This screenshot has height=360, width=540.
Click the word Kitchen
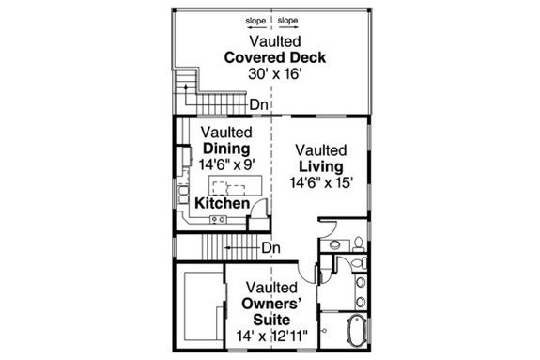[222, 204]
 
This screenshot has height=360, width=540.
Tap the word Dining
[225, 149]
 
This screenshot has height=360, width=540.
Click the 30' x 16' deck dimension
[274, 74]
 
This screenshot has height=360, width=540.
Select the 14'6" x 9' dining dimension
[225, 164]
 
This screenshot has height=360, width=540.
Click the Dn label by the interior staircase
[271, 248]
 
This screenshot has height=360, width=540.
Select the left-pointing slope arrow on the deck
[255, 28]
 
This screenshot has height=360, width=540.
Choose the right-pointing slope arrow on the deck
[287, 28]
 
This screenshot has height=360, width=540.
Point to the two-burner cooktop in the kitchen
[219, 220]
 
